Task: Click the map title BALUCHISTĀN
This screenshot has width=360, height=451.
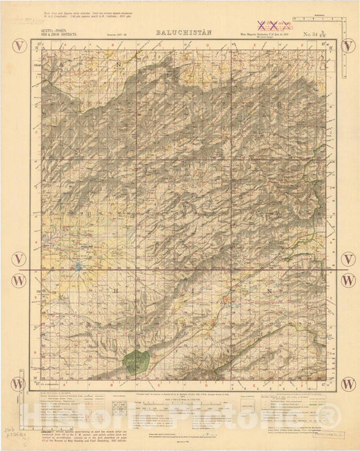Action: (x=178, y=32)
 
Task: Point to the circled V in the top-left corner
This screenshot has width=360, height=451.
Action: (x=20, y=46)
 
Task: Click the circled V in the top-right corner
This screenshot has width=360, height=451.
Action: (x=348, y=46)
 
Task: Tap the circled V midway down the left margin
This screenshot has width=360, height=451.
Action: (x=20, y=258)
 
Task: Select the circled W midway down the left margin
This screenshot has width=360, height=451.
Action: (x=20, y=280)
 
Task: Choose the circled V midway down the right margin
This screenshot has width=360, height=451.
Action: (x=348, y=258)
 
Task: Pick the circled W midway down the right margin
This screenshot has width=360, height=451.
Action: (x=348, y=280)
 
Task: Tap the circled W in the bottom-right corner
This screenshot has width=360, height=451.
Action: (x=348, y=384)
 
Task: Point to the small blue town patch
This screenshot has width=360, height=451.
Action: (x=79, y=268)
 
